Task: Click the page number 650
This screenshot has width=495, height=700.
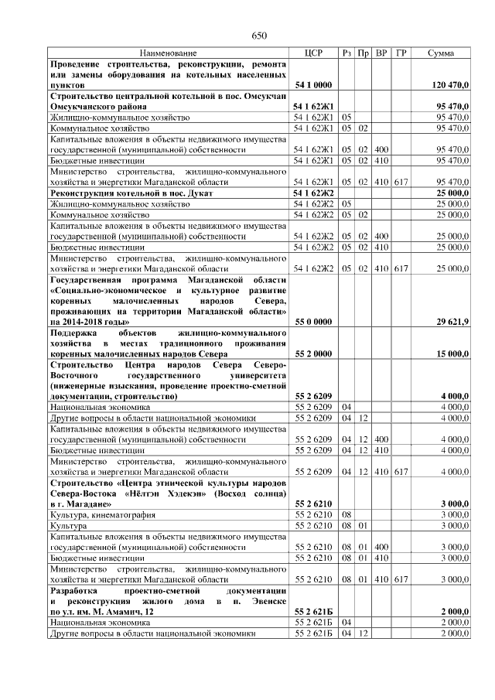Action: (260, 36)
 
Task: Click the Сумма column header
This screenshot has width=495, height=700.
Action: (441, 53)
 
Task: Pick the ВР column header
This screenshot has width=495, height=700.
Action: (381, 53)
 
